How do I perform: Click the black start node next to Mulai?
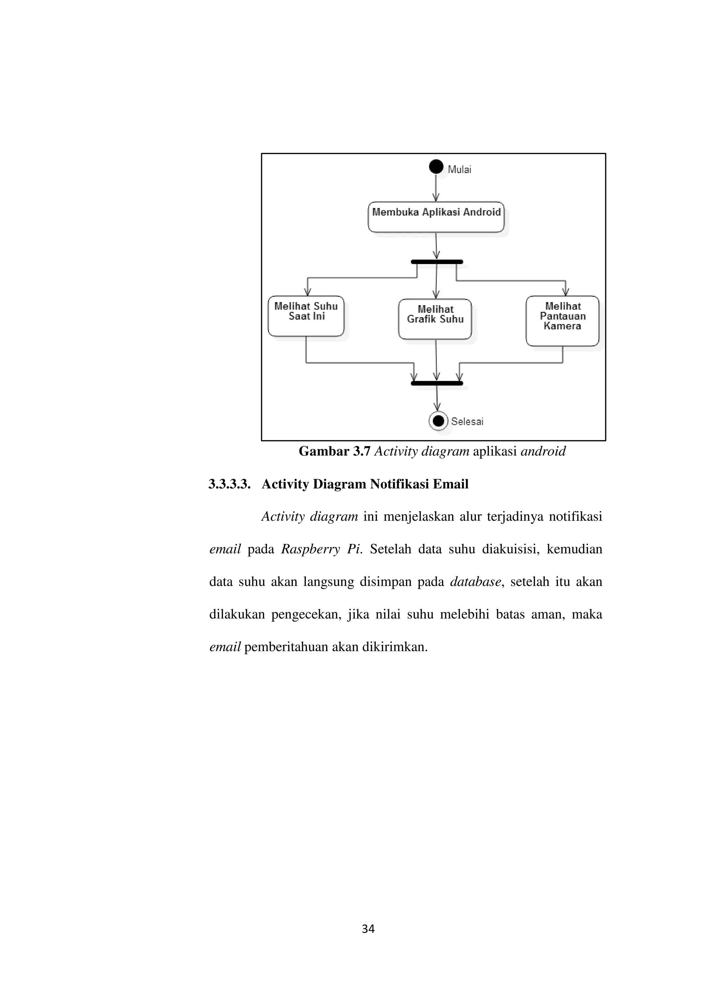436,166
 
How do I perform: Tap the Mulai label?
459,170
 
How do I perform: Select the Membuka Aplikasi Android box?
436,217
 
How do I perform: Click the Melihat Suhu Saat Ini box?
306,316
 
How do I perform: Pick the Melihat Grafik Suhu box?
435,319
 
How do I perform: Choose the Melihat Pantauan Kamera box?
562,321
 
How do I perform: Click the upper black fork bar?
437,262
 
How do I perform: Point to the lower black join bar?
437,383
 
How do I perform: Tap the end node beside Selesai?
438,421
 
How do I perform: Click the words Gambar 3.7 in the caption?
334,452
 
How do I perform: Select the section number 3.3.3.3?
229,484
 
